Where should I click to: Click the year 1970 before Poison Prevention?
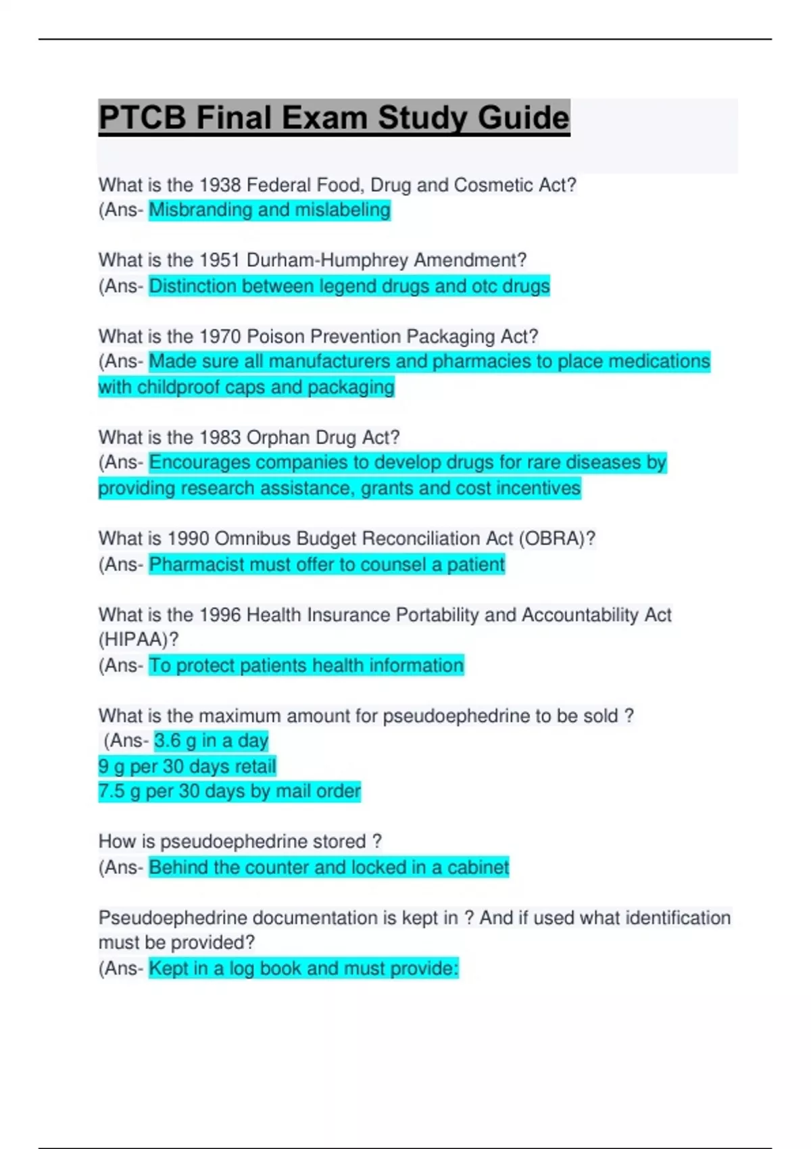coord(220,337)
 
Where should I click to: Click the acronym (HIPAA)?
coord(138,639)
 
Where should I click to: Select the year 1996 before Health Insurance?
coord(220,615)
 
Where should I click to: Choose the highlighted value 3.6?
coord(167,741)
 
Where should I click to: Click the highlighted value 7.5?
coord(111,791)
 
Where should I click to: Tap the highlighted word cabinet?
coord(478,868)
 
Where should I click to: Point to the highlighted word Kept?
coord(168,969)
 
